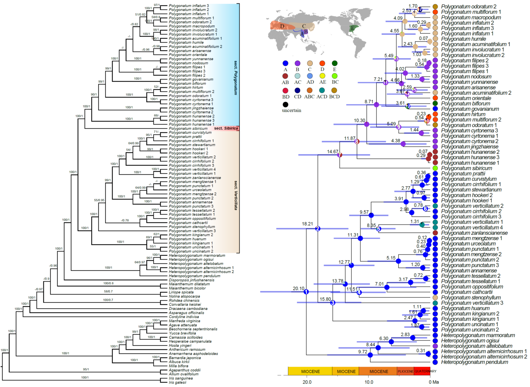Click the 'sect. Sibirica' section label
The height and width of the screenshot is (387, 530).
tap(226, 128)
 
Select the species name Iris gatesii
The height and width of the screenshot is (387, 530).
tap(177, 382)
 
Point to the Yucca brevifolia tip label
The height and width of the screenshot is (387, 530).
tap(182, 333)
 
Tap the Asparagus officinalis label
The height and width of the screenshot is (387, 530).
tap(186, 313)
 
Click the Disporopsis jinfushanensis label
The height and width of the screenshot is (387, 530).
tap(191, 280)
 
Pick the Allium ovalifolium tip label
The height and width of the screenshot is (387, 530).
tap(184, 374)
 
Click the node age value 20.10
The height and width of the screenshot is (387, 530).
tap(298, 288)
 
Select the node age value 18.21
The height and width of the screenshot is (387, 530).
tap(307, 224)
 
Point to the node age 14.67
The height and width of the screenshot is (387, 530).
tap(332, 151)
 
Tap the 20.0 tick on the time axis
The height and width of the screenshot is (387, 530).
tap(307, 382)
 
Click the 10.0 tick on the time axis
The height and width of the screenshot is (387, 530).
tap(369, 382)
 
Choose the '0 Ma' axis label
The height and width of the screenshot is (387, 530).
tap(433, 382)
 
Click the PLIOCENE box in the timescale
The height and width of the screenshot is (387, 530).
tap(405, 371)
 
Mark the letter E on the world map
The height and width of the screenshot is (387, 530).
tap(352, 28)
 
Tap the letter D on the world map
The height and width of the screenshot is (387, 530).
tap(282, 26)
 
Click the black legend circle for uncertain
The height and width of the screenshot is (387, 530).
tap(285, 104)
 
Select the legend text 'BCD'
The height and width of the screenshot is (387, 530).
tap(334, 96)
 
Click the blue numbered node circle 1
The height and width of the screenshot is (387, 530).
tap(306, 292)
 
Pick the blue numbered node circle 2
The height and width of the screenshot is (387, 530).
tap(318, 228)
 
